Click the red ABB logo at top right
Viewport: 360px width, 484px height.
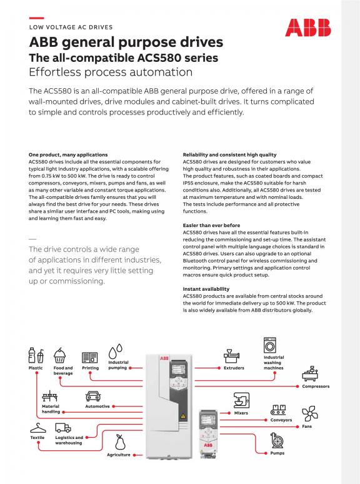tap(308, 28)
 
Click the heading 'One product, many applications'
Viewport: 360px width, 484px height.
tap(68, 154)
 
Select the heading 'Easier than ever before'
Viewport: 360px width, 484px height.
tap(211, 225)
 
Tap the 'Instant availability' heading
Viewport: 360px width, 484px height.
tap(206, 289)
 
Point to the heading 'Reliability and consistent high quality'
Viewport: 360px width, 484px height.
tap(229, 154)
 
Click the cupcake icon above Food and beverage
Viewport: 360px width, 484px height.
tap(59, 356)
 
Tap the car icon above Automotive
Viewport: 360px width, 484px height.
tap(93, 396)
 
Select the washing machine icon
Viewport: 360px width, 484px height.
tap(270, 345)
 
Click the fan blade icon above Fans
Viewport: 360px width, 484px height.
tap(310, 413)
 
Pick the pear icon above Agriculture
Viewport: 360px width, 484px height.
tap(120, 442)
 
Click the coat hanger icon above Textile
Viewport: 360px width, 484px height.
tap(38, 428)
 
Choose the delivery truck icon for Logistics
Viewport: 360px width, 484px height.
tap(63, 428)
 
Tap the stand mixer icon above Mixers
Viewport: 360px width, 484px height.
tap(241, 400)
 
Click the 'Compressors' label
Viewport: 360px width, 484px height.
tap(316, 386)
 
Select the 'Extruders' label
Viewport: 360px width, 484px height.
tap(234, 368)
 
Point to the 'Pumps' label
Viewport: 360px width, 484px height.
tap(277, 453)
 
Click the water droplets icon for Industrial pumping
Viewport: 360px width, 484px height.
tap(116, 351)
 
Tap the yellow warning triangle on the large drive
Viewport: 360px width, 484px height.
tap(183, 416)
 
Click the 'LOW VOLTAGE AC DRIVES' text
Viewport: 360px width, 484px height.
tap(71, 27)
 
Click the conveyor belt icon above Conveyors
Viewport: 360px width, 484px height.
tap(278, 410)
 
